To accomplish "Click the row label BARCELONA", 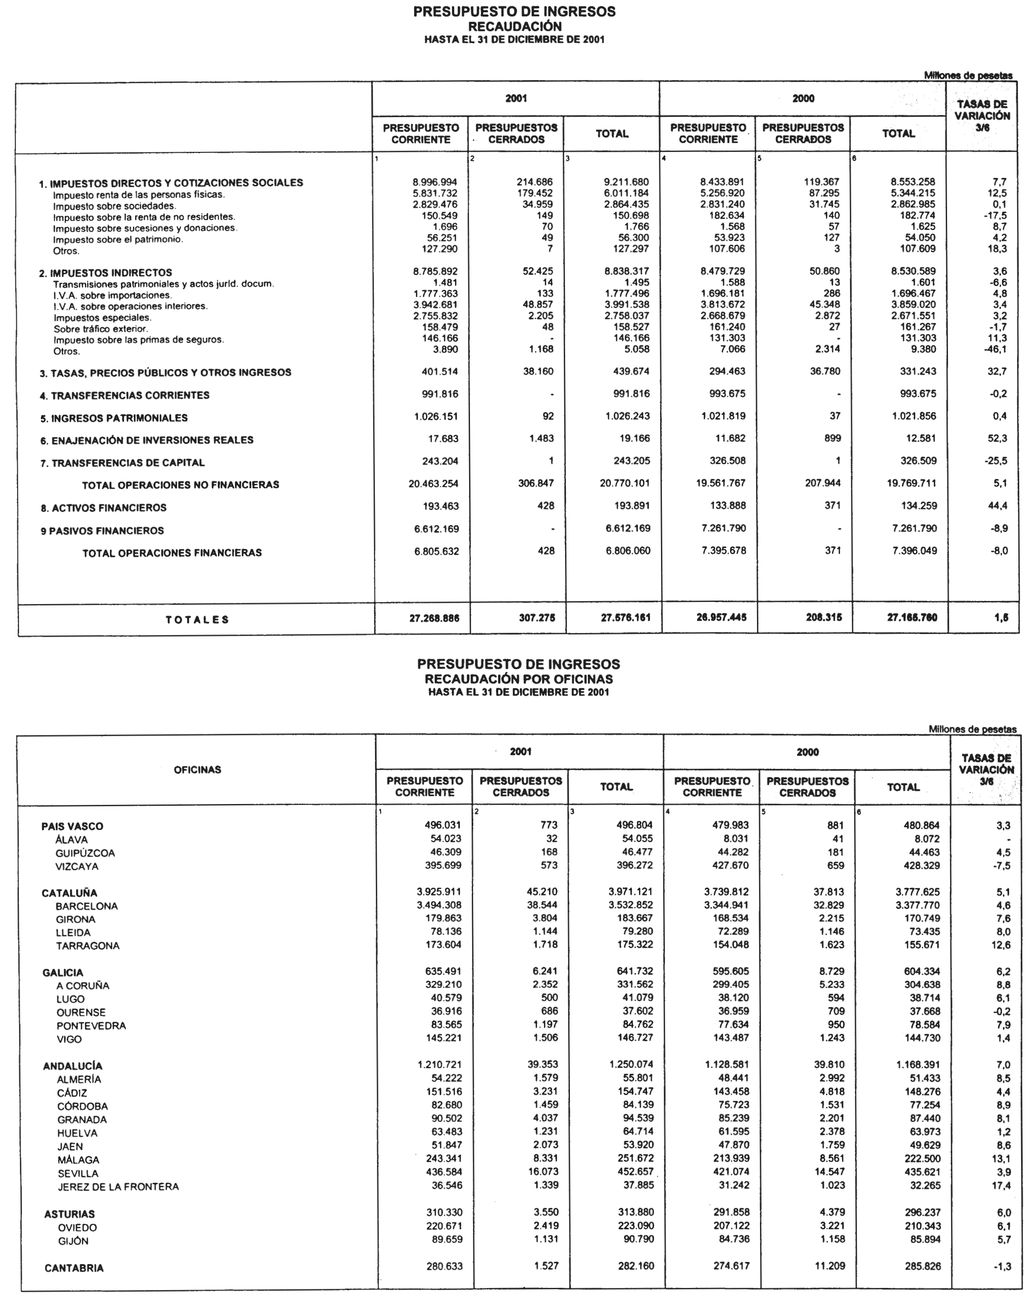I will pos(86,906).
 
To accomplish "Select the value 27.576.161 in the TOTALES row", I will pos(625,617).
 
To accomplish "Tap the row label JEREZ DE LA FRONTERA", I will pos(118,1186).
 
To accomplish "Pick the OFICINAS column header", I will pos(198,770).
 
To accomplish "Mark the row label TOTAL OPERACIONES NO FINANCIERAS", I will pos(181,485).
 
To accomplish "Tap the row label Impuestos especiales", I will pos(102,317).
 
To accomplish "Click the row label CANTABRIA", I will pos(74,1268).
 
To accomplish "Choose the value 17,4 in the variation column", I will pos(1001,1185).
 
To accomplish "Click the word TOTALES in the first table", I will pos(197,619).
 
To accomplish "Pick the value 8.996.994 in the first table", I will pos(435,182).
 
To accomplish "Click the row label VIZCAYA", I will pos(77,866).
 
